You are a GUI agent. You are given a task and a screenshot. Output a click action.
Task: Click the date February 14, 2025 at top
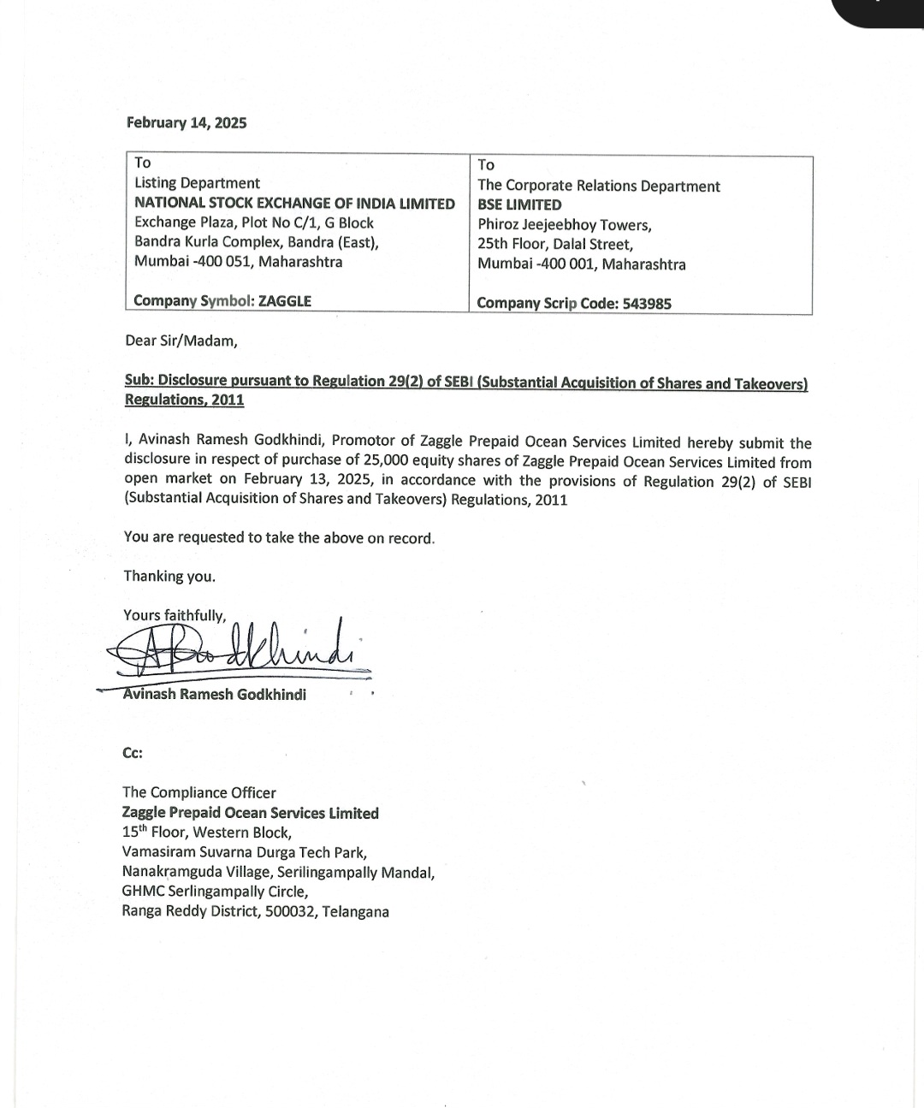click(187, 122)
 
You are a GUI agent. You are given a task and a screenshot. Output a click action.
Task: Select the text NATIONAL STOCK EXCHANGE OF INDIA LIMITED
click(294, 203)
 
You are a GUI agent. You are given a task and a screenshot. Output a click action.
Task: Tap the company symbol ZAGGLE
click(284, 301)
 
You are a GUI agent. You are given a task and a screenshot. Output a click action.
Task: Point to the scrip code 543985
click(647, 304)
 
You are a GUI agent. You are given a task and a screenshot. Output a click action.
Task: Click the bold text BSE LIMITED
click(519, 205)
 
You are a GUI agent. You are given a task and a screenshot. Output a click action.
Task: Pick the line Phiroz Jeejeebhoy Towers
click(565, 225)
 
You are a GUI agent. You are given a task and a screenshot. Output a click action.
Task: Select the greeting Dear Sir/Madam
click(181, 341)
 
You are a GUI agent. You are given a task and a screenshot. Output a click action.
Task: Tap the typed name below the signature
click(215, 694)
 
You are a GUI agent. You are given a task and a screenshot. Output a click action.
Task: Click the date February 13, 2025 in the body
click(308, 479)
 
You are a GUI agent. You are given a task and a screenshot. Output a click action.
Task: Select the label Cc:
click(133, 753)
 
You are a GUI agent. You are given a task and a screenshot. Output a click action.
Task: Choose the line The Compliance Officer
click(199, 792)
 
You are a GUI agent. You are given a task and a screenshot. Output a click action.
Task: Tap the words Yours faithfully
click(175, 615)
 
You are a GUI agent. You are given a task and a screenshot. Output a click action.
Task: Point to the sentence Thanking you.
click(169, 576)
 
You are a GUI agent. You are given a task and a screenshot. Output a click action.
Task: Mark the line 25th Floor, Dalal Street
click(555, 244)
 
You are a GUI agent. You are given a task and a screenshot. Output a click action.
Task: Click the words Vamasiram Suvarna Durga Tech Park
click(245, 852)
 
